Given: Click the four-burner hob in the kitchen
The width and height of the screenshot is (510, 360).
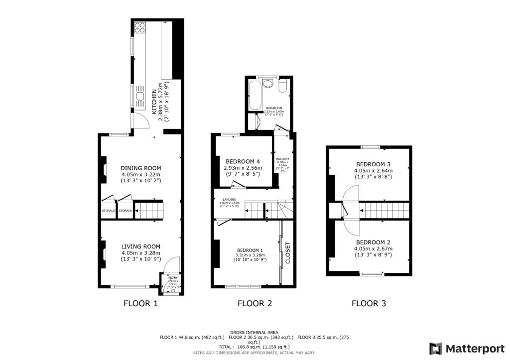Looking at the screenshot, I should click(x=139, y=27).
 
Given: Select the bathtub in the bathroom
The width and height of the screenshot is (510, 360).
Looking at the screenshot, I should click(x=254, y=96).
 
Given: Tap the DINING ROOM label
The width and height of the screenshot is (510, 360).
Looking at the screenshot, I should click(x=141, y=168).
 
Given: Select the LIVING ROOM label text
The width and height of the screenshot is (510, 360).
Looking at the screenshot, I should click(x=141, y=246).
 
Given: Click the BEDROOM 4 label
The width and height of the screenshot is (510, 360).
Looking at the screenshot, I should click(x=243, y=161).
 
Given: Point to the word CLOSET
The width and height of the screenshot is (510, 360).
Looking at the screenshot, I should click(x=287, y=253).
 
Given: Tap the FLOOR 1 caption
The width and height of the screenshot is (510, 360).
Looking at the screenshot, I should click(x=140, y=303).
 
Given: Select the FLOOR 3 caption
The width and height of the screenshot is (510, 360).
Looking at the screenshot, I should click(x=369, y=303).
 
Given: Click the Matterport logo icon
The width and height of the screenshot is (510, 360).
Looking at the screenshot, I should click(x=436, y=348).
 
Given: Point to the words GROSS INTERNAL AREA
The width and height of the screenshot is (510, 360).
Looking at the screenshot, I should click(x=254, y=332).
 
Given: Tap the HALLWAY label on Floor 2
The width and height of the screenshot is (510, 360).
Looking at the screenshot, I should click(x=282, y=158).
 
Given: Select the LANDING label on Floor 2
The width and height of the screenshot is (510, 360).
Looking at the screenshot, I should click(x=229, y=199).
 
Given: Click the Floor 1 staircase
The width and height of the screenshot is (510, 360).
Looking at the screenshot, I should click(x=149, y=211).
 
